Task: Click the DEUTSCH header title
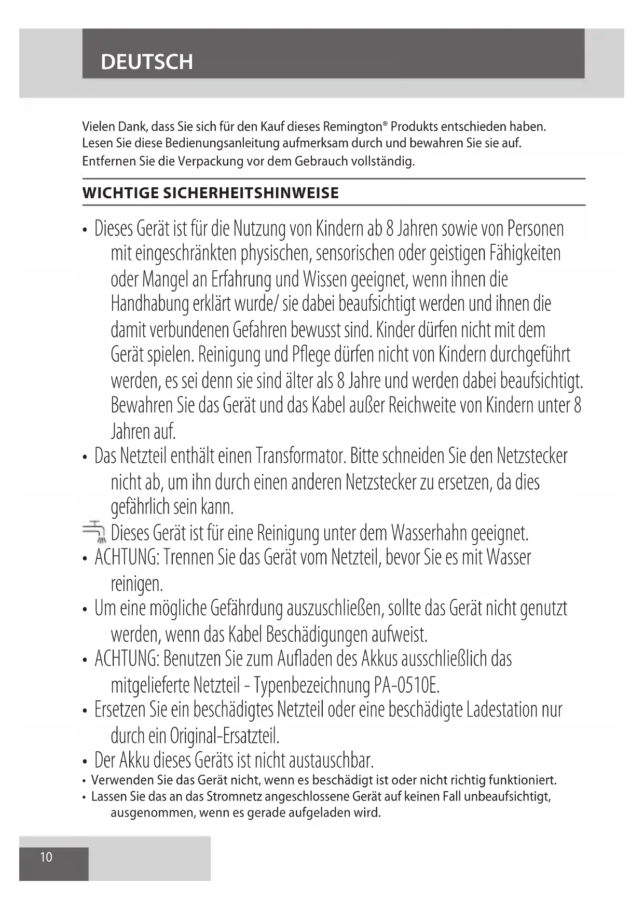[x=147, y=62]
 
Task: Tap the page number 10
[x=46, y=857]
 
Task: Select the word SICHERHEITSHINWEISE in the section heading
[x=251, y=193]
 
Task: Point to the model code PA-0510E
[x=406, y=685]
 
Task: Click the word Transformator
[x=300, y=456]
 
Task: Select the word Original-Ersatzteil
[x=225, y=736]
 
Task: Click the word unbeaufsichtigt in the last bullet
[x=507, y=796]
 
